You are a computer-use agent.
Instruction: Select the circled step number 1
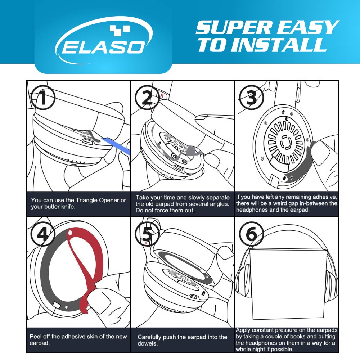[42, 98]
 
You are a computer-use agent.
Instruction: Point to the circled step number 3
[251, 98]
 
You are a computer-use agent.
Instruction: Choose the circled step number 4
[42, 235]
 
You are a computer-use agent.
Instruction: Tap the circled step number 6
[251, 235]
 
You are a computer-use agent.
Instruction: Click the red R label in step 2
[162, 96]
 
